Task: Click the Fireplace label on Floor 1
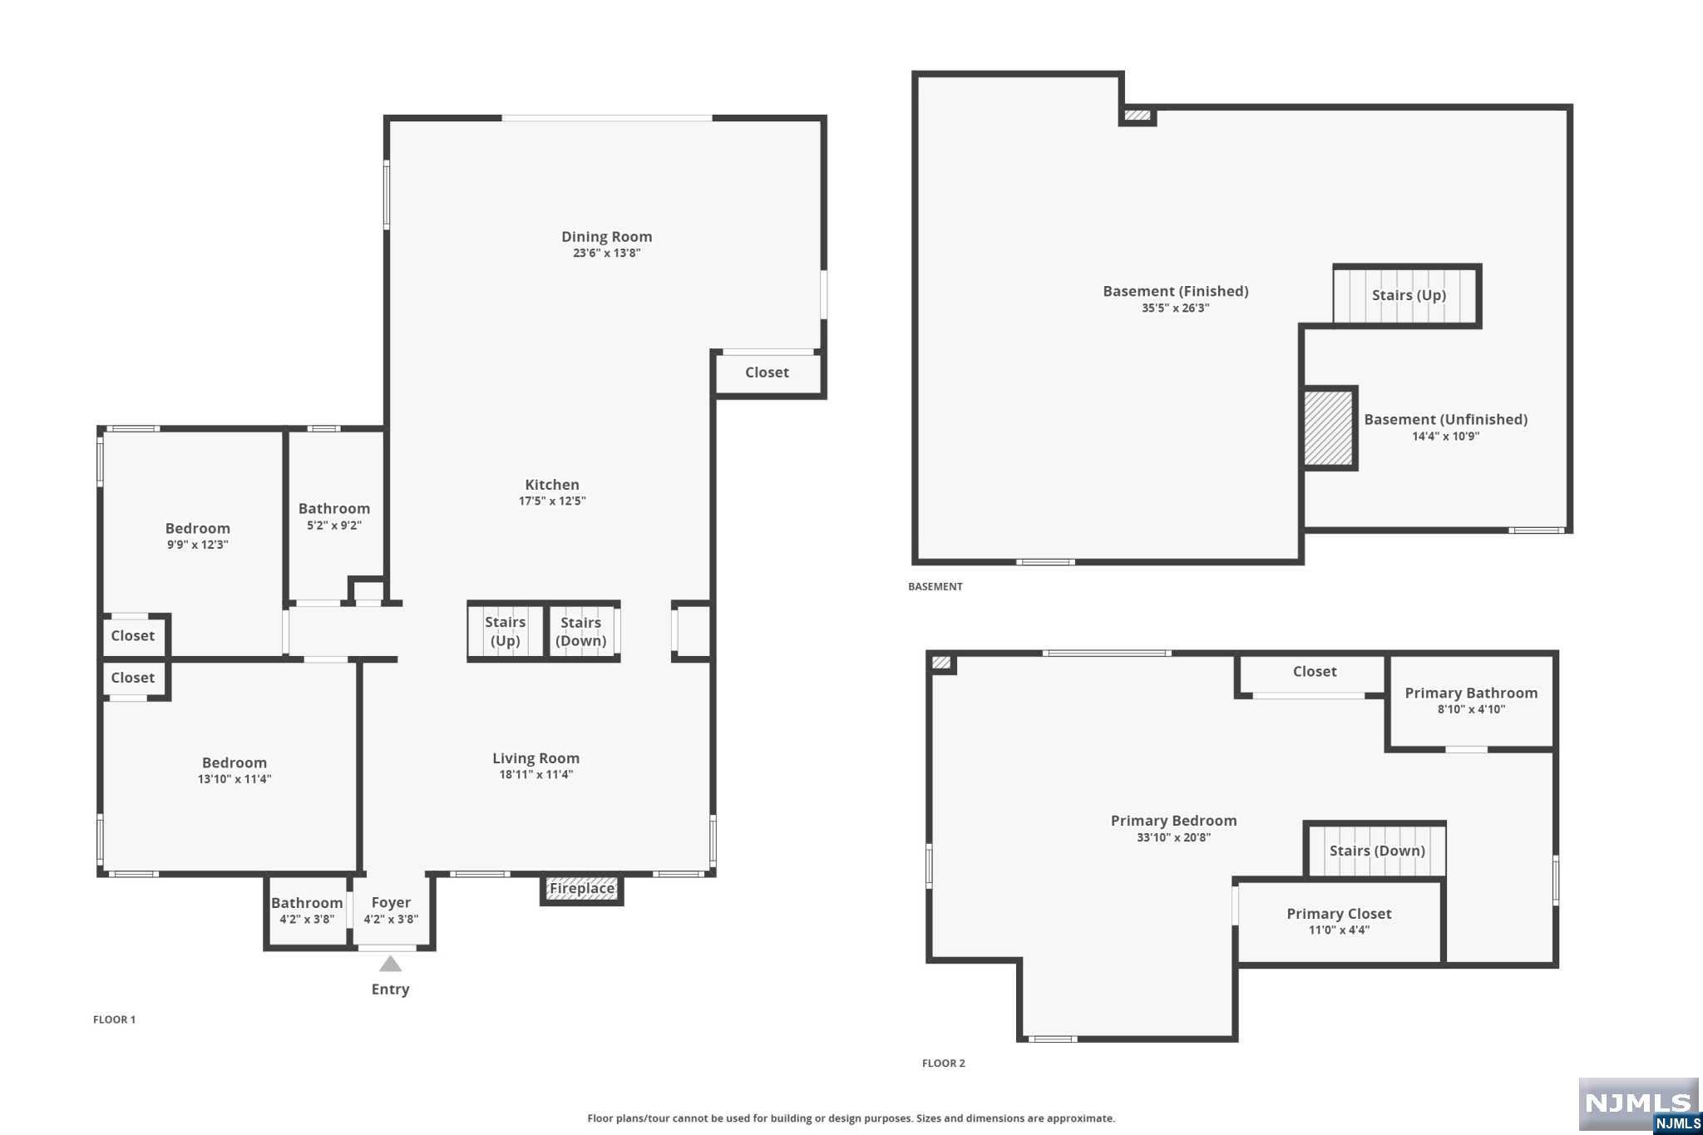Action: point(582,888)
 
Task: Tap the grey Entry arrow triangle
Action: point(391,964)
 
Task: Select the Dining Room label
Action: point(606,237)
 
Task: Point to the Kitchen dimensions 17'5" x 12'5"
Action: point(552,501)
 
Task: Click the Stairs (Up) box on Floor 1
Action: point(506,631)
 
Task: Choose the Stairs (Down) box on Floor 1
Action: point(582,631)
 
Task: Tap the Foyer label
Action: point(391,902)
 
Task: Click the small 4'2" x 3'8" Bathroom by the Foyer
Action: point(307,910)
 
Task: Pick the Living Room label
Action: point(536,758)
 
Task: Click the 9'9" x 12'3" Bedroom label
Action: point(197,528)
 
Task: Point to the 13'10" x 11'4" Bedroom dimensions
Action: point(234,779)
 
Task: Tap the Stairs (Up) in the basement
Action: point(1407,296)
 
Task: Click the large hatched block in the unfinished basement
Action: point(1329,428)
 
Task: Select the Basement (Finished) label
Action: point(1175,291)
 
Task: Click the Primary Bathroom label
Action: point(1471,693)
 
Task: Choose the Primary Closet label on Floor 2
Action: point(1339,914)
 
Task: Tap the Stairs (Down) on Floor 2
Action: point(1376,850)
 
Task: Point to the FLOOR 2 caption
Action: point(944,1063)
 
